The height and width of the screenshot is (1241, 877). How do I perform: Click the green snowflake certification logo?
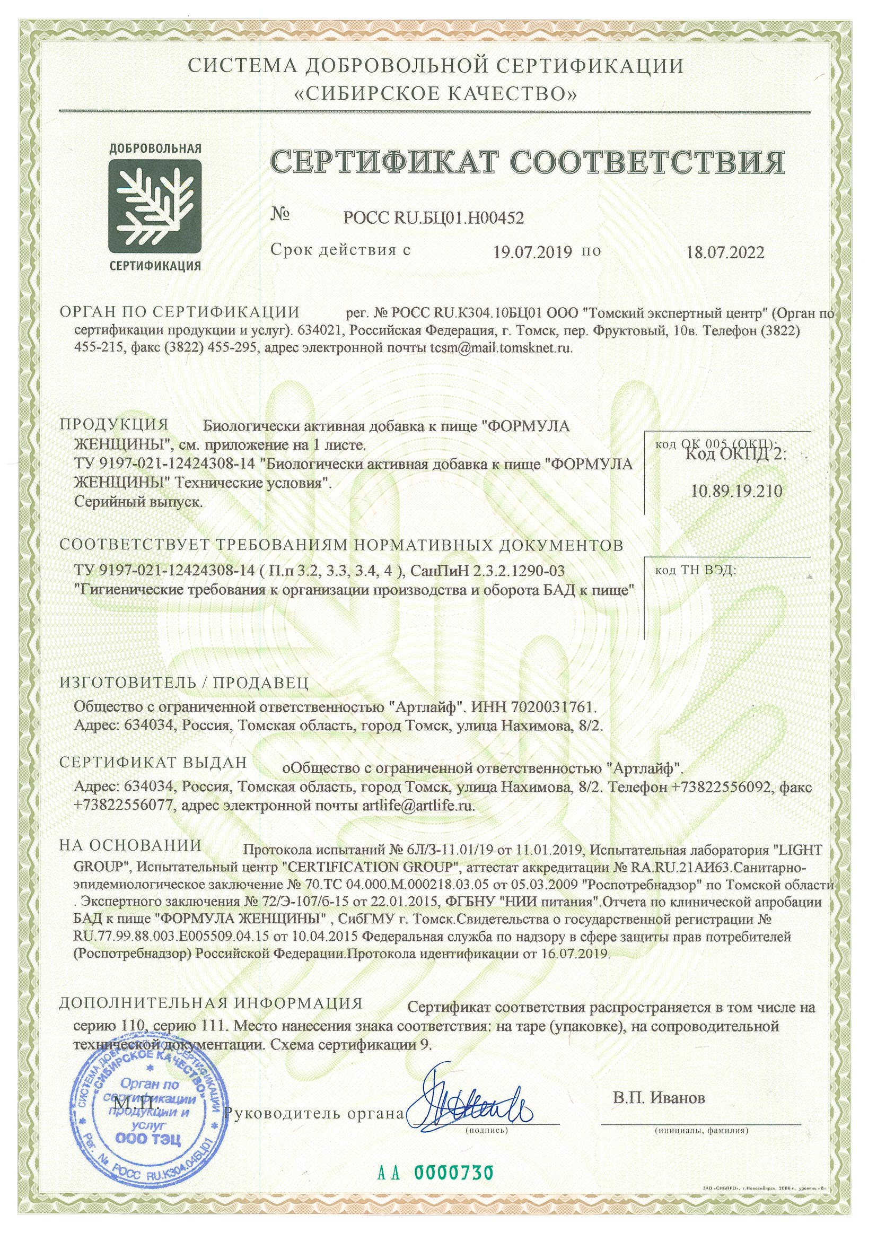click(x=155, y=206)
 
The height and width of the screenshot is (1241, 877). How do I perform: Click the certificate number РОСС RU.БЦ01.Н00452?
click(x=433, y=218)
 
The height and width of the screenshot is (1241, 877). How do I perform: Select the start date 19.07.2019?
click(x=532, y=252)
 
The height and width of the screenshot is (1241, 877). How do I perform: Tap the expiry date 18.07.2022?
click(x=725, y=252)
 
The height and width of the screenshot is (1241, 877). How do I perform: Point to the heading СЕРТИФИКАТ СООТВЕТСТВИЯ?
click(x=527, y=162)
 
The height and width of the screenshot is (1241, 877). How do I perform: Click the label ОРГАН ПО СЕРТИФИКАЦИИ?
click(x=179, y=312)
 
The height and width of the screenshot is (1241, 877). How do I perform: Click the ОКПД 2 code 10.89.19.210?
click(x=736, y=491)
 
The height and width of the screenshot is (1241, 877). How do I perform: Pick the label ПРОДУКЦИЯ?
click(x=114, y=424)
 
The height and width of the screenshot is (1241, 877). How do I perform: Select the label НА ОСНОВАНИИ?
click(x=130, y=845)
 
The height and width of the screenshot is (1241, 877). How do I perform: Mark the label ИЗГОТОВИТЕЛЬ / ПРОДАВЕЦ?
click(x=183, y=683)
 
